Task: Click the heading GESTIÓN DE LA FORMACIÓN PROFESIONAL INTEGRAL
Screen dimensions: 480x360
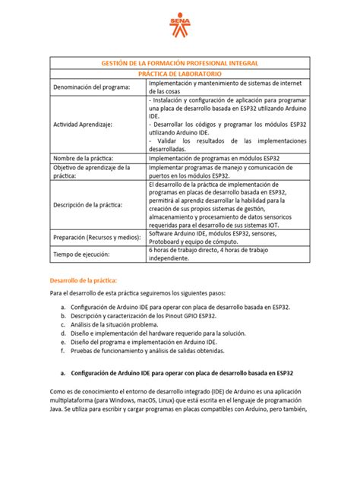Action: click(179, 65)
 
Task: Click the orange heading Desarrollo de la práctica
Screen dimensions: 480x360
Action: click(84, 280)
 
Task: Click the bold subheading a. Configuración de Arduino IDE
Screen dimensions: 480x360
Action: click(181, 373)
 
